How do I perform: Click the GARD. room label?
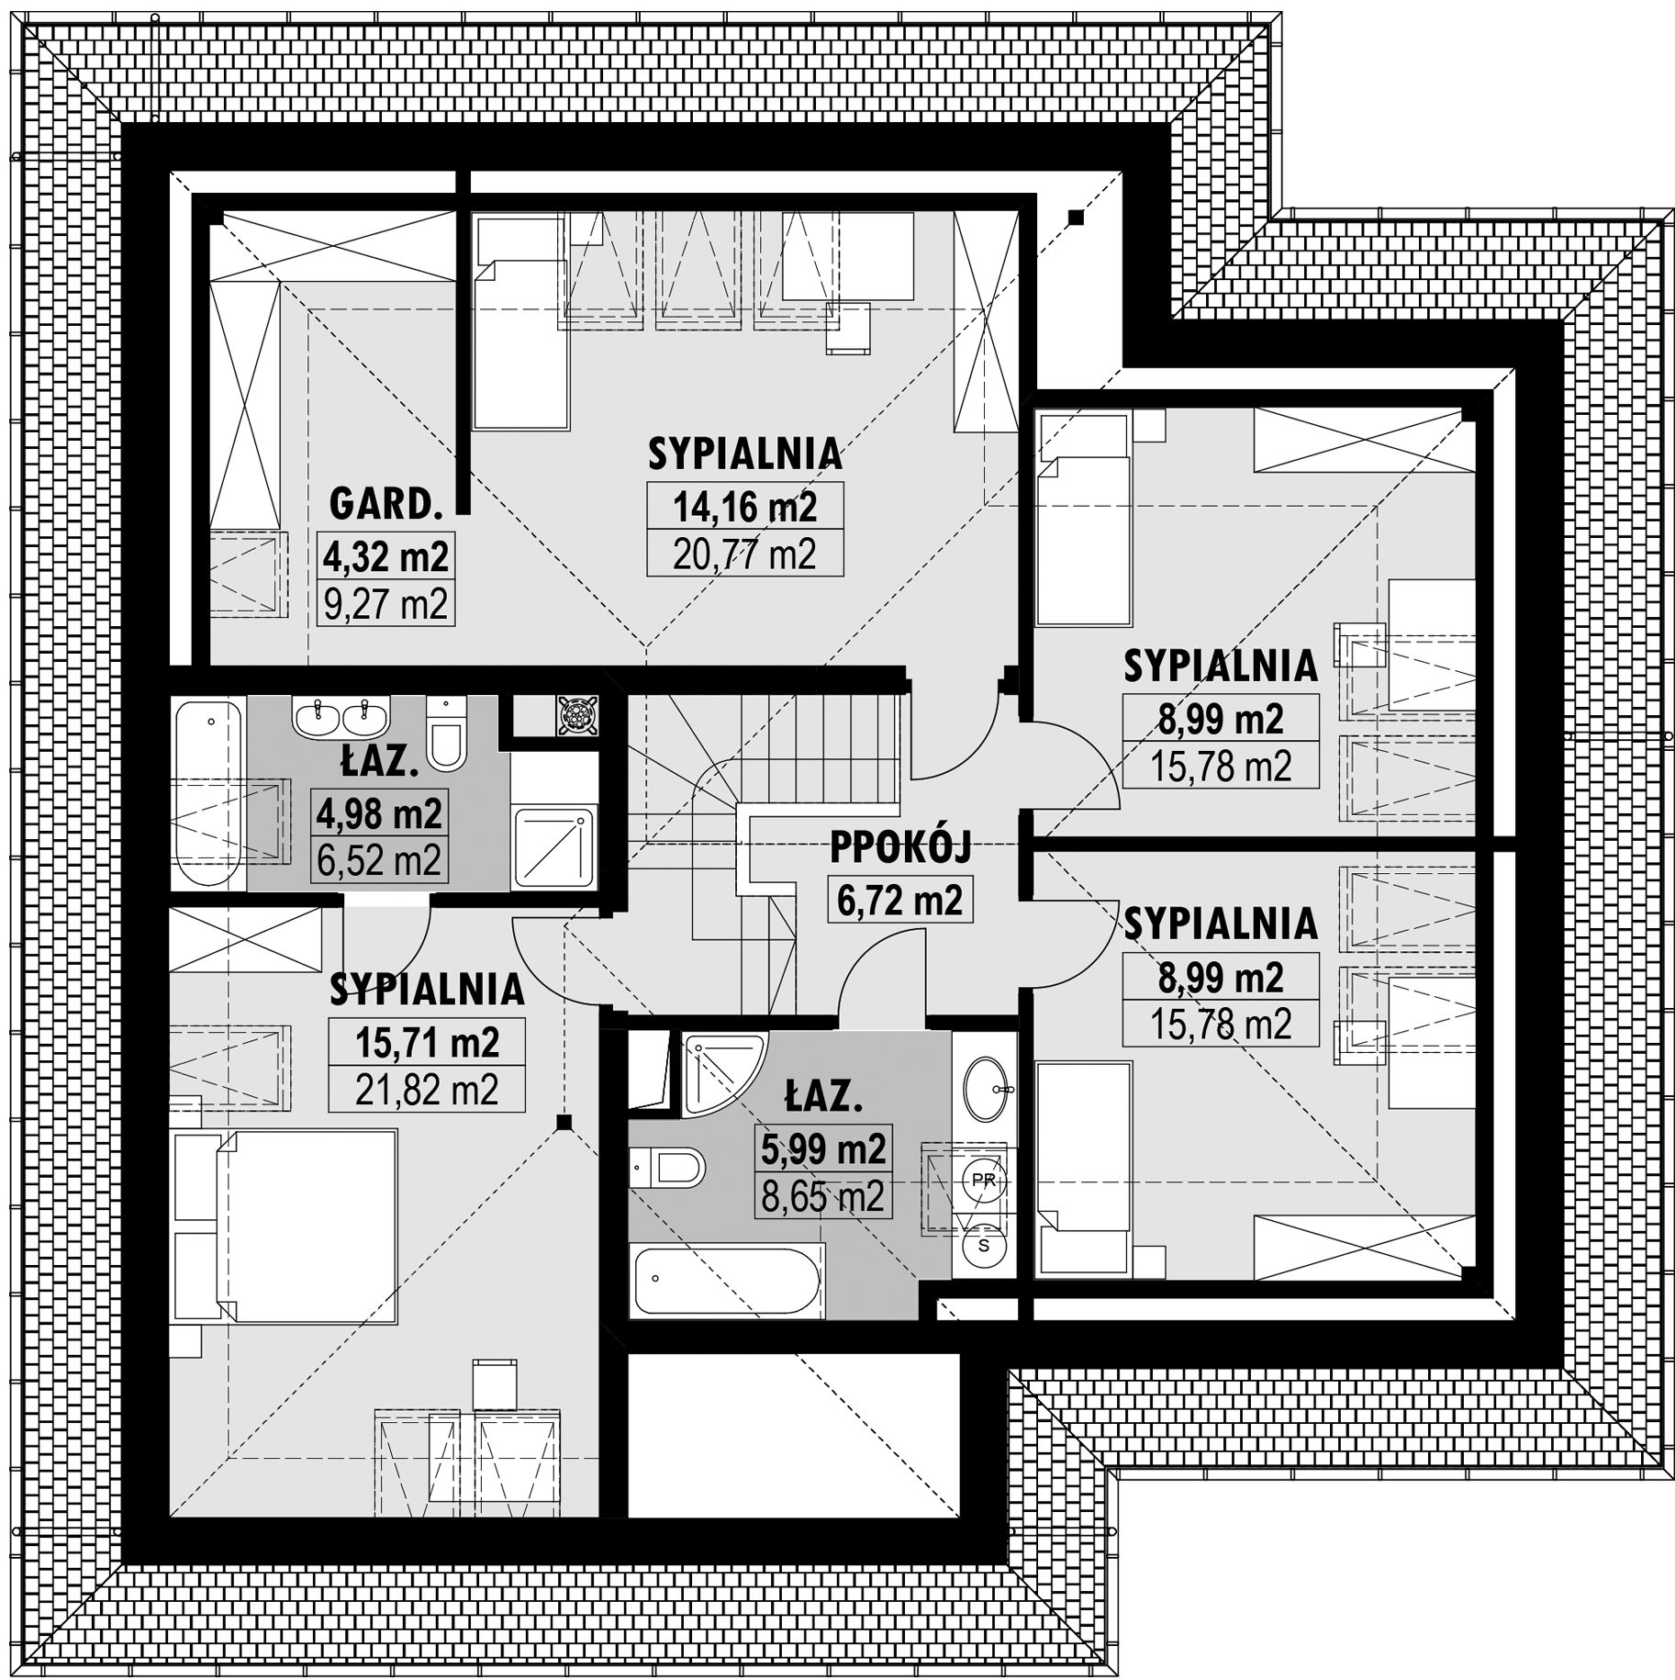(x=385, y=505)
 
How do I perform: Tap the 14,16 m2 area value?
(x=744, y=505)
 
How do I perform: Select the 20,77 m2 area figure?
(x=744, y=554)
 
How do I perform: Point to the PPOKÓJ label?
(x=900, y=849)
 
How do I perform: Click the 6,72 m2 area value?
(x=900, y=900)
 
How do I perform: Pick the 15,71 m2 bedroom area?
(x=427, y=1042)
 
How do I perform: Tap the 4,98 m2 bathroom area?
(x=379, y=812)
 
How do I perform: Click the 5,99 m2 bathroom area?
(x=823, y=1148)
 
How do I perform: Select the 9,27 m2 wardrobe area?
(x=385, y=603)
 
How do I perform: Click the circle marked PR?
(x=983, y=1180)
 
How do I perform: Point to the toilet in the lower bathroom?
(x=667, y=1169)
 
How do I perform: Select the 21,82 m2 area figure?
(x=427, y=1090)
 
